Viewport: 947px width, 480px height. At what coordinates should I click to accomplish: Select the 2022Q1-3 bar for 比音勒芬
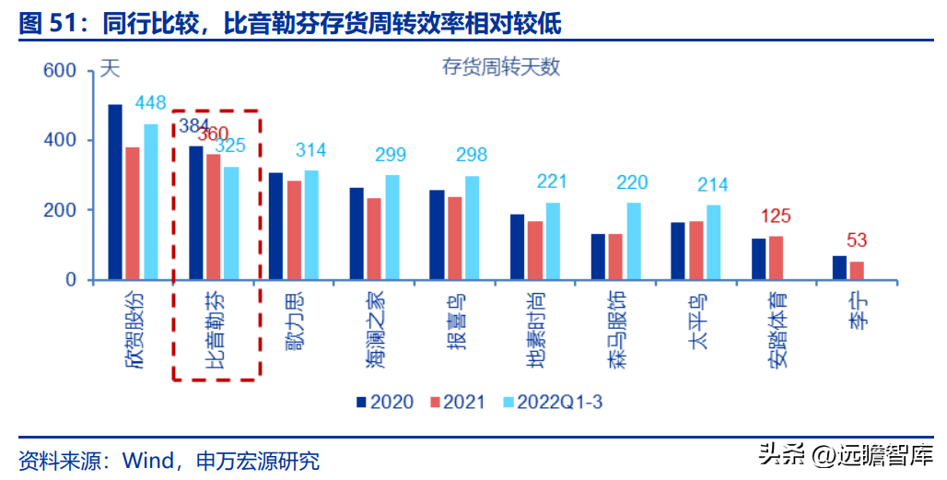pos(230,223)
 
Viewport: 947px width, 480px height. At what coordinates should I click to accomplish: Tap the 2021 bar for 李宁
pos(857,270)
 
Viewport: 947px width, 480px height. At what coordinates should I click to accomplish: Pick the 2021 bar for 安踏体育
pos(777,257)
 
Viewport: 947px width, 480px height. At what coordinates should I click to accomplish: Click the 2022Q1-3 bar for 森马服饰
pos(634,240)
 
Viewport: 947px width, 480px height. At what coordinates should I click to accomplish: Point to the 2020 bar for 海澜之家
pos(357,233)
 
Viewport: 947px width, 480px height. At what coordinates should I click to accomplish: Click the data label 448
pos(150,102)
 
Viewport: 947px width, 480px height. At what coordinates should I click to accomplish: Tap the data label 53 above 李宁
pos(858,241)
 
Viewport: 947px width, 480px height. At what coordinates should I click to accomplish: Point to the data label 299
pos(392,155)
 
